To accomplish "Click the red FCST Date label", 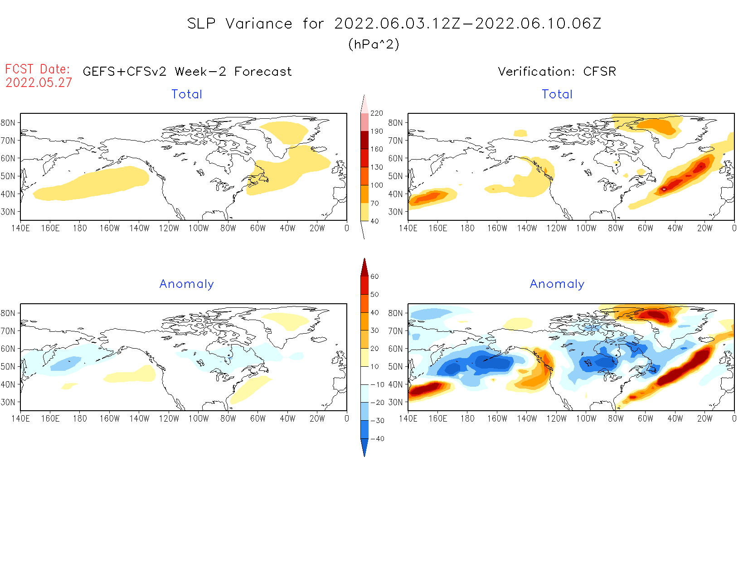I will click(38, 69).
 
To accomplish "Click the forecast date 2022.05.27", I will click(39, 83).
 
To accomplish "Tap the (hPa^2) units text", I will click(374, 44).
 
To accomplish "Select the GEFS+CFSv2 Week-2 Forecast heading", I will click(187, 72).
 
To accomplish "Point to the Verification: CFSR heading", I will click(557, 72).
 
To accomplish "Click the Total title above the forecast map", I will click(187, 94).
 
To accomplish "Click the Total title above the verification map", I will click(557, 94).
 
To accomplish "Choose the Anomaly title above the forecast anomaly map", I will click(186, 284).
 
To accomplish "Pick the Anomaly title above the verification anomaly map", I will click(557, 284).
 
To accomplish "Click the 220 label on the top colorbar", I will click(377, 113).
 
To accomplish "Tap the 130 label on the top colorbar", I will click(377, 167).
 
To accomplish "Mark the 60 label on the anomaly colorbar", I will click(374, 277).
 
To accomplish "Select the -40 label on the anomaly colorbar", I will click(377, 439).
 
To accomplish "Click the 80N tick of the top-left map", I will click(8, 122).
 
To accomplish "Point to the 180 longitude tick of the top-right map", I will click(467, 228).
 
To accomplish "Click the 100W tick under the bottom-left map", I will click(199, 419).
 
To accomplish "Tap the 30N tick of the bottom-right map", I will click(395, 402).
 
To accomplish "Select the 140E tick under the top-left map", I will click(20, 228).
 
